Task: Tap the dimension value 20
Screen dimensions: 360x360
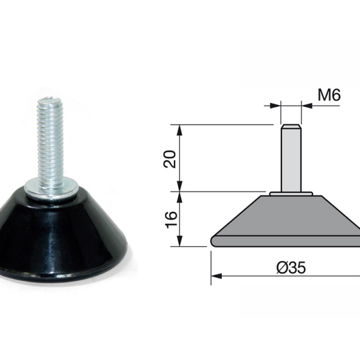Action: point(170,158)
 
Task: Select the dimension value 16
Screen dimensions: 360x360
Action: point(170,219)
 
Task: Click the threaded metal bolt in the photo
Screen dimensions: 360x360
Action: point(51,144)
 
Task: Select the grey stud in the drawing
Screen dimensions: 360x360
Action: point(290,159)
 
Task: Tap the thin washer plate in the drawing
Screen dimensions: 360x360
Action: point(290,193)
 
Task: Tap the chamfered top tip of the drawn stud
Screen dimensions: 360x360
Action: point(290,127)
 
